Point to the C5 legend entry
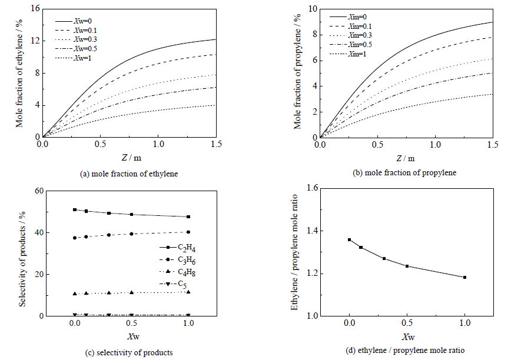pos(185,285)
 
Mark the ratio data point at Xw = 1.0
pos(465,277)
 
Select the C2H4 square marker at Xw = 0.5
pos(131,215)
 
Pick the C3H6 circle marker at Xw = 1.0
pos(188,232)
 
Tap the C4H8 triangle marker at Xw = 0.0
pos(75,293)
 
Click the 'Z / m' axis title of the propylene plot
pos(405,158)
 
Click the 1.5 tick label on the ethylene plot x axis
pos(215,144)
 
